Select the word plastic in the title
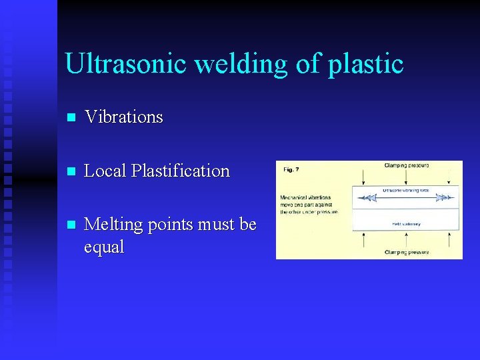365,64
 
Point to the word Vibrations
123,117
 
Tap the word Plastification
180,171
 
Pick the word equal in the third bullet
104,247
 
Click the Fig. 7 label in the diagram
291,169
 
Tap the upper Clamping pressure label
407,165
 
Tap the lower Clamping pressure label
407,253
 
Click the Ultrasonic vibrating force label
407,190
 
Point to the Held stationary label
407,224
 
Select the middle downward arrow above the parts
407,177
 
